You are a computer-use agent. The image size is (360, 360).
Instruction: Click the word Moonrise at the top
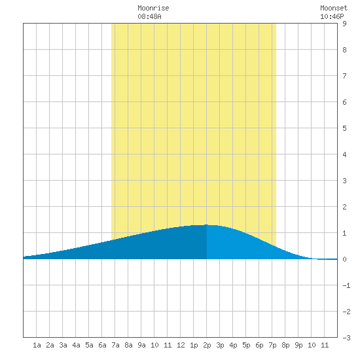[x=153, y=8]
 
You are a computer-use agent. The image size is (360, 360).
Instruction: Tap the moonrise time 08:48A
[x=149, y=16]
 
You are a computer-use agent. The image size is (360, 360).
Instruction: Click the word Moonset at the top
[x=334, y=8]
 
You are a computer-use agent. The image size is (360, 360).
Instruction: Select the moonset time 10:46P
[x=332, y=16]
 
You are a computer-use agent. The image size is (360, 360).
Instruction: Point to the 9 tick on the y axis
[x=344, y=24]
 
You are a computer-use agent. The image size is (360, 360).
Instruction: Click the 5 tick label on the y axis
[x=344, y=128]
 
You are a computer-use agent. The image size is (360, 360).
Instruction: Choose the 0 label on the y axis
[x=344, y=259]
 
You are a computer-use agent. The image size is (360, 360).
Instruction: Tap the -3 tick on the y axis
[x=346, y=338]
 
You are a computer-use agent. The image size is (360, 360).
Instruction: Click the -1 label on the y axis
[x=346, y=285]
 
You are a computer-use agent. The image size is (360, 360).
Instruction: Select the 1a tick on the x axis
[x=37, y=345]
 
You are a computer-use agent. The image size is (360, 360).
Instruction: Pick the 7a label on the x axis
[x=115, y=345]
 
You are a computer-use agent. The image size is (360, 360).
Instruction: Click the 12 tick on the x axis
[x=181, y=345]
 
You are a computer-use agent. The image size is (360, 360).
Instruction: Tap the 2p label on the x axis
[x=207, y=345]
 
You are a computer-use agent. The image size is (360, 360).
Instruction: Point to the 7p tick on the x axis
[x=272, y=345]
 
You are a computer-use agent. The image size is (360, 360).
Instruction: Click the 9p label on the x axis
[x=298, y=345]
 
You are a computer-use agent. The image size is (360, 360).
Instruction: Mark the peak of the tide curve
[x=206, y=225]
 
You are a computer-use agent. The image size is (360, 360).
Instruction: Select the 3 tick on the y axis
[x=344, y=181]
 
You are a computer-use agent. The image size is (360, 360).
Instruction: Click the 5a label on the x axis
[x=89, y=345]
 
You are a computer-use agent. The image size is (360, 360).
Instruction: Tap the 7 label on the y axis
[x=344, y=76]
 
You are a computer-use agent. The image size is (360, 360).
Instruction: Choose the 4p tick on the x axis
[x=233, y=345]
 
